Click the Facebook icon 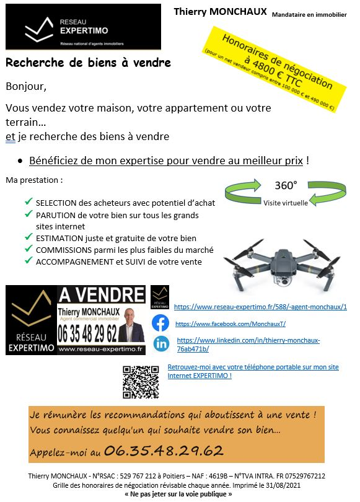coord(160,323)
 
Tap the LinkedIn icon coord(161,343)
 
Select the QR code coord(141,382)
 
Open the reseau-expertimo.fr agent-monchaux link coord(260,307)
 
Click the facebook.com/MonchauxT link coord(230,324)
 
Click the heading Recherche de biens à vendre coord(88,63)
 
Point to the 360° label coord(286,185)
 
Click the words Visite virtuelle coord(285,203)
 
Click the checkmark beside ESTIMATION coord(29,237)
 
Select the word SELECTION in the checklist coord(56,203)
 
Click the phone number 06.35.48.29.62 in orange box coord(164,450)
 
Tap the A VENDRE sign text coord(101,294)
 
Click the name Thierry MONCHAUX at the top coord(220,12)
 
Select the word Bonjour coord(25,86)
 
